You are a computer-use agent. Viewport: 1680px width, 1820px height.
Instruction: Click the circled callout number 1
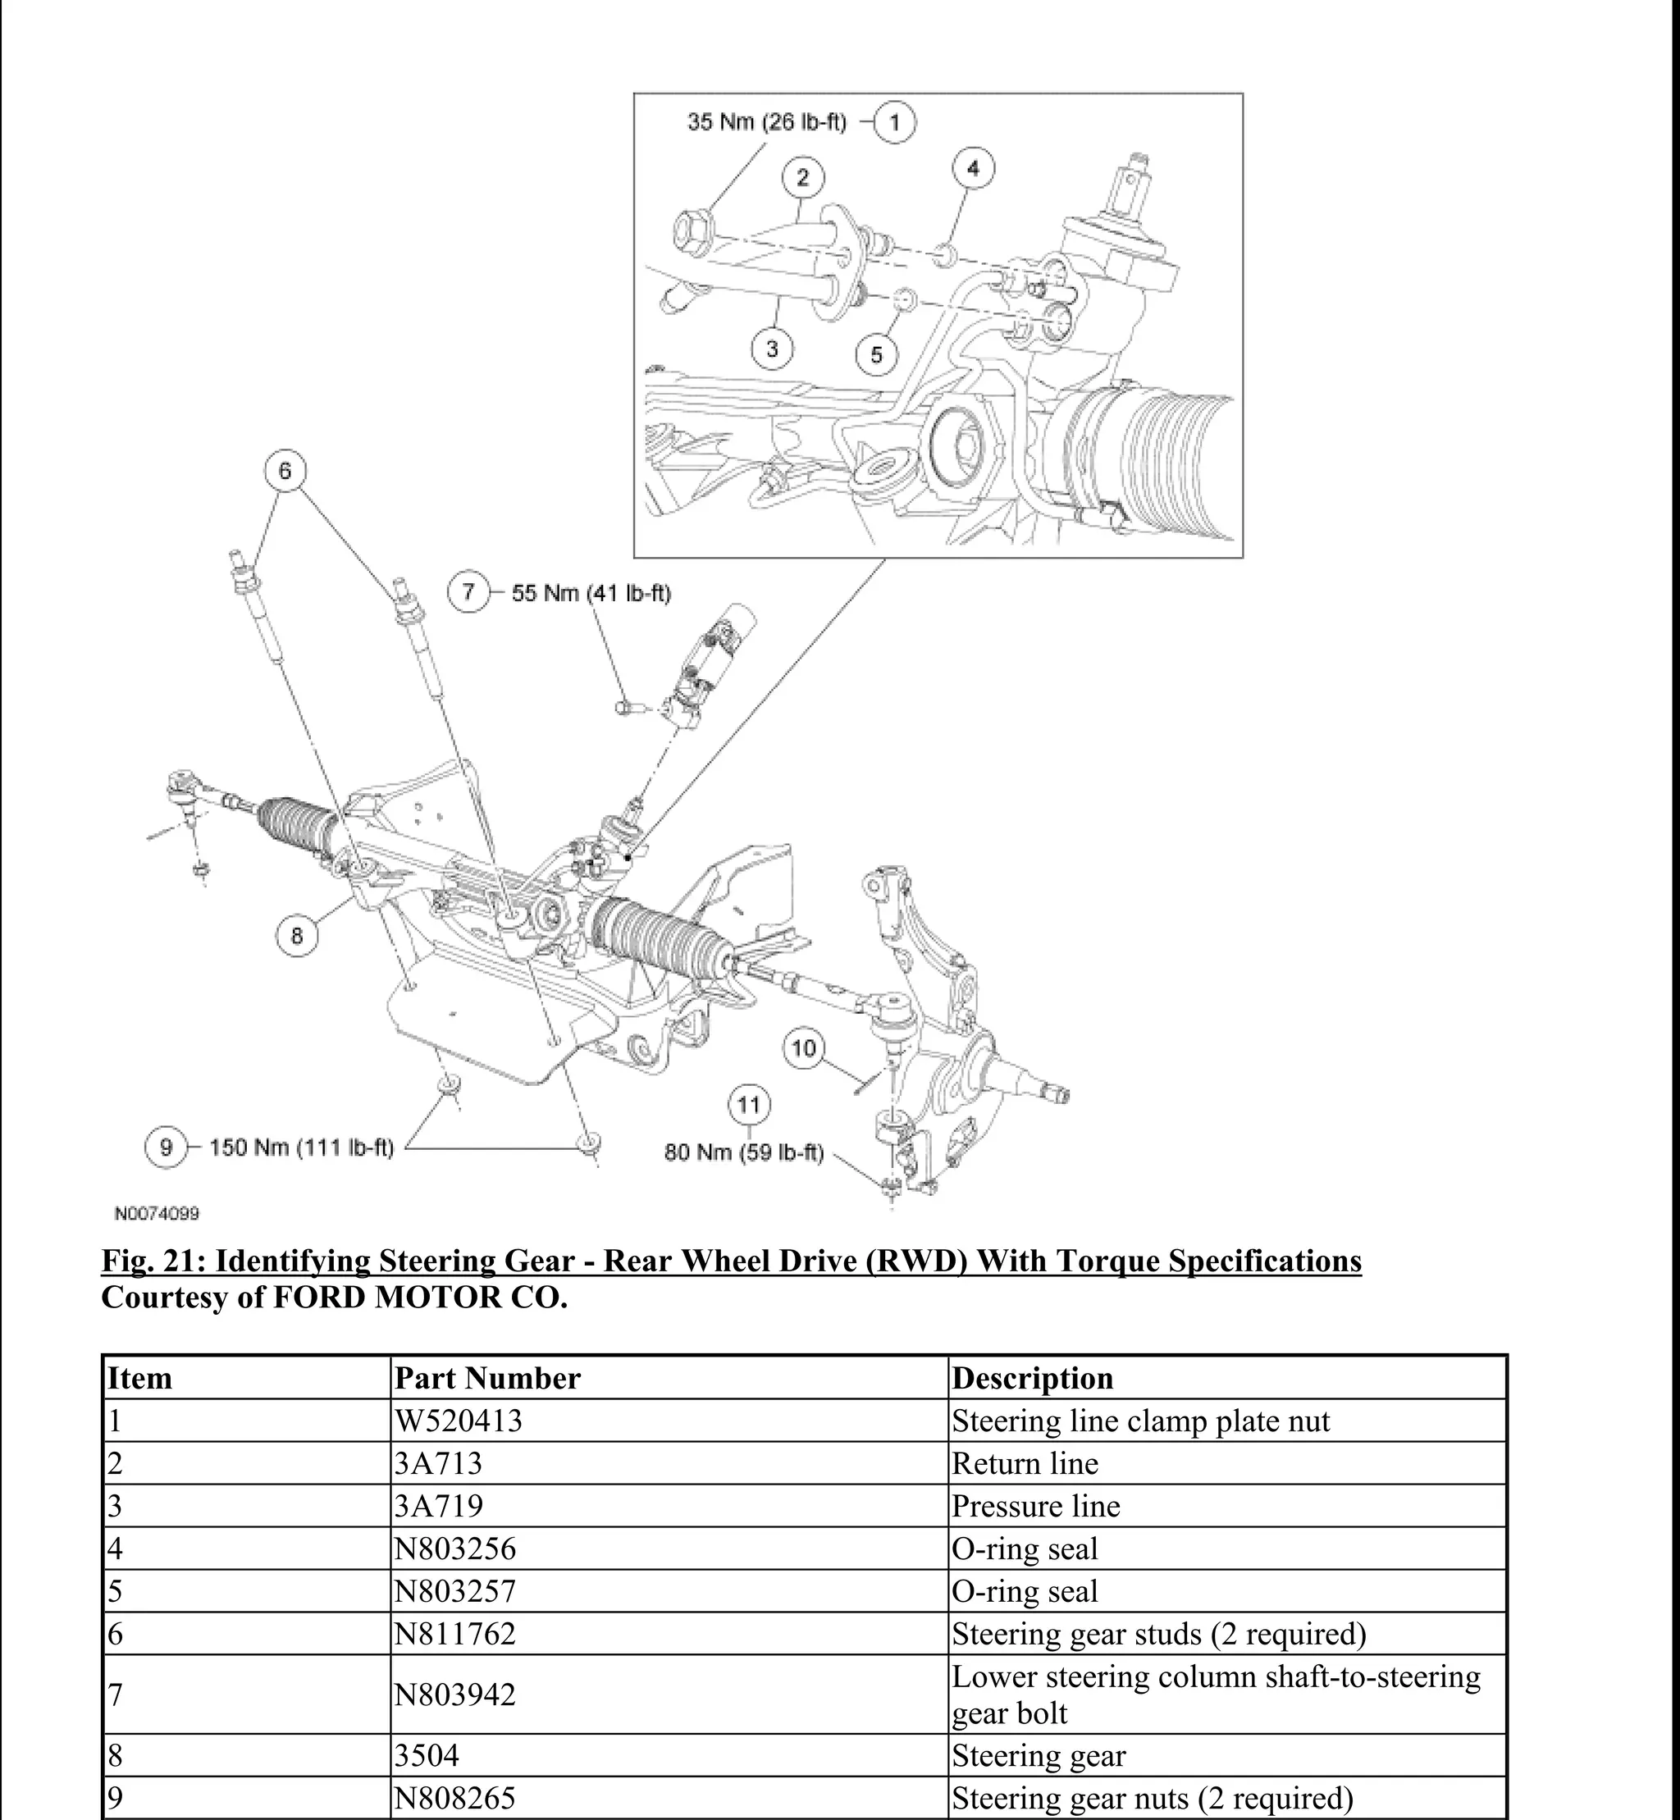point(894,122)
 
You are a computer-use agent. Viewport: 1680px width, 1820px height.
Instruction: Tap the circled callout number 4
point(973,168)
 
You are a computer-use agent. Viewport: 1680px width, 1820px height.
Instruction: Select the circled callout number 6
point(285,470)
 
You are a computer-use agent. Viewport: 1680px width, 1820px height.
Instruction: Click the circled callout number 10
point(804,1048)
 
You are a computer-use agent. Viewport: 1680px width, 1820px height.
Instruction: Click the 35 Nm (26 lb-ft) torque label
point(766,122)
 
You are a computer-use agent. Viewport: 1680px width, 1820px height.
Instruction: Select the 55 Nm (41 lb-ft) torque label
point(591,594)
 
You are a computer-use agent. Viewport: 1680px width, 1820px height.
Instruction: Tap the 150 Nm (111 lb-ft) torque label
point(302,1147)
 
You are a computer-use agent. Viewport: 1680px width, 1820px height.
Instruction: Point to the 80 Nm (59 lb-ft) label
point(744,1152)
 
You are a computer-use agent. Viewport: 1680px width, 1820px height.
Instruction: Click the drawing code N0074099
point(157,1214)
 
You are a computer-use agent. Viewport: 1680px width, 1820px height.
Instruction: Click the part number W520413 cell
point(459,1421)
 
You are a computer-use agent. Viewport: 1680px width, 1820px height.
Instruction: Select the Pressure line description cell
point(1035,1507)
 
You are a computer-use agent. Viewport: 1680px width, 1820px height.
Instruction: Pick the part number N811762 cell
point(454,1634)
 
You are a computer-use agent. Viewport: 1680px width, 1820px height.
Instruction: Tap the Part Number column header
point(487,1378)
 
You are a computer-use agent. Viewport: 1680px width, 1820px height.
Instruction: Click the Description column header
point(1032,1378)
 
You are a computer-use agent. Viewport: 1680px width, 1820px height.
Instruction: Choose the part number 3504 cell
point(427,1755)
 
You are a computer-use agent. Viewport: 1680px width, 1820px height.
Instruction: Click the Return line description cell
point(1025,1464)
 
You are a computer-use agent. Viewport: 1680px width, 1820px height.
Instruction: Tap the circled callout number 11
point(748,1105)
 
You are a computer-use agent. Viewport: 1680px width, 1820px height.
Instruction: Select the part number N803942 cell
point(454,1695)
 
